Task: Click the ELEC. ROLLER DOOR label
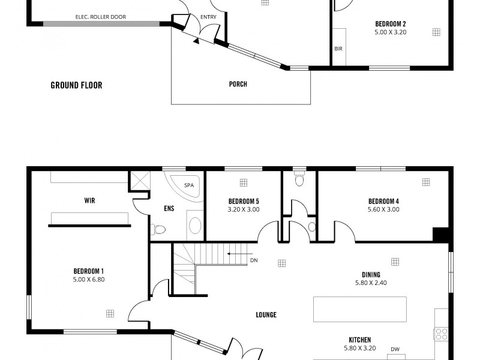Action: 101,17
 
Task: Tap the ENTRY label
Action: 208,17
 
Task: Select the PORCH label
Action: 238,85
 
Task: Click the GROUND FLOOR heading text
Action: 76,85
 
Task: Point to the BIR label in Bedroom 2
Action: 338,48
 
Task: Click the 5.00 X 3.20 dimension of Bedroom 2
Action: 391,32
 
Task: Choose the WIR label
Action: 90,201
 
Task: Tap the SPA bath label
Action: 189,185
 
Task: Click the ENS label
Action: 169,209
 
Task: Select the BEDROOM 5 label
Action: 244,201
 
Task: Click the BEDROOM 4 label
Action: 383,201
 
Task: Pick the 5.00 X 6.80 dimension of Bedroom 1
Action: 89,279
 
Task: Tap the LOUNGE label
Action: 266,315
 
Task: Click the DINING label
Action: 370,275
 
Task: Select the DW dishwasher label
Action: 395,349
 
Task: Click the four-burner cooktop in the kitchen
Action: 442,334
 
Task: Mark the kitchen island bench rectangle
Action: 359,309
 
